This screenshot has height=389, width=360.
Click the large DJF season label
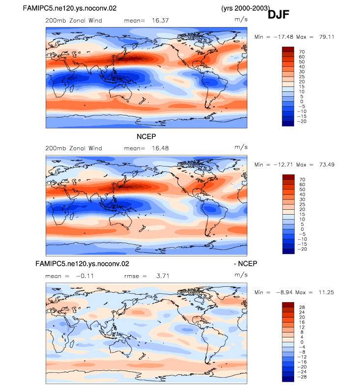pos(278,15)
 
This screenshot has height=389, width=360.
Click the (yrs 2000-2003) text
pos(246,8)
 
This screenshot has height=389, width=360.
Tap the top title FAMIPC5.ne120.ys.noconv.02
pos(70,8)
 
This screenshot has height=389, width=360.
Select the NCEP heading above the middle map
pos(146,137)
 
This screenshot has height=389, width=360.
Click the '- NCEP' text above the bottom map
pos(246,263)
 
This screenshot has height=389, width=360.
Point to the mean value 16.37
pos(160,20)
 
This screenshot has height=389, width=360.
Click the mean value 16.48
pos(160,148)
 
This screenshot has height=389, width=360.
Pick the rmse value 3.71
pos(163,276)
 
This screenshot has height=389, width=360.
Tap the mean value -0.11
pos(85,276)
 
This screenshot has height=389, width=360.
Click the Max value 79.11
pos(327,37)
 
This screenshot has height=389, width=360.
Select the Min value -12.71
pos(283,165)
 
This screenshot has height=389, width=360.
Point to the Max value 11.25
pos(326,293)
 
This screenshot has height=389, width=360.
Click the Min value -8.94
pos(284,293)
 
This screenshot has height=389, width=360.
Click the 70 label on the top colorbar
pos(302,52)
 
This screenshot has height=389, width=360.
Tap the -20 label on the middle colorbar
pos(302,249)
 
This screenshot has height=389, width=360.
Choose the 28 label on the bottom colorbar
pos(302,307)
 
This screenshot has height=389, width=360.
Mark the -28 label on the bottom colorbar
pos(302,377)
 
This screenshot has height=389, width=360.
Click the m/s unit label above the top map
pos(241,19)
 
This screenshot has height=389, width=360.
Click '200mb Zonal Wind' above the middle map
pos(74,148)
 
